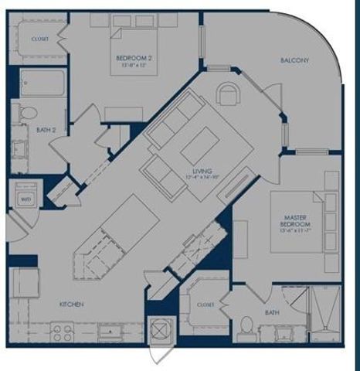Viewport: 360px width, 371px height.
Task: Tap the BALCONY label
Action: [x=295, y=60]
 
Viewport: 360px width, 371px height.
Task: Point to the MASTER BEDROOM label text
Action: [x=297, y=218]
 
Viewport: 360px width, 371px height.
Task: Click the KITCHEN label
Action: [x=71, y=304]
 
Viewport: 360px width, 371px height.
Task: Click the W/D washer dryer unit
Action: [x=25, y=199]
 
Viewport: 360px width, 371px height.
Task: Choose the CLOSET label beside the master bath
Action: [x=205, y=305]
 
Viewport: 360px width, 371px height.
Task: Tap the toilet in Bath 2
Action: [x=28, y=113]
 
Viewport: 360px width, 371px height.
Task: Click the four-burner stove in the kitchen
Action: [x=62, y=333]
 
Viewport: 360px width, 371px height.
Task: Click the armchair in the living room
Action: [x=229, y=92]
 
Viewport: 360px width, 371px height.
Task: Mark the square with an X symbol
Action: [x=159, y=328]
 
